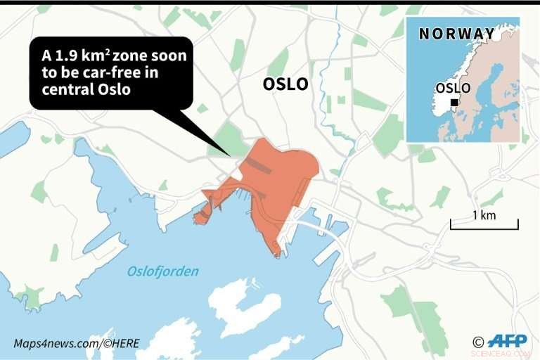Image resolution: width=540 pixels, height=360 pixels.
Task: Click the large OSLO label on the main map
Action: pos(285,84)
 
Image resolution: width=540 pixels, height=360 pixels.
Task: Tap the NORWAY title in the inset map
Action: pos(456,34)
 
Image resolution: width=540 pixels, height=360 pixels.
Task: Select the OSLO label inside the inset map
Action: pos(454,88)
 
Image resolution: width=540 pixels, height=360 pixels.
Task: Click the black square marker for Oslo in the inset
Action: pos(454,103)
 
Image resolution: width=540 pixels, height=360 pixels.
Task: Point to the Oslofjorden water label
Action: pos(163,271)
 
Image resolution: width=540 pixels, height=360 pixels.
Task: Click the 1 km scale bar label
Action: pos(484,215)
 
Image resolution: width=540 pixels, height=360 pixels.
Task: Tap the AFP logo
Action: pos(507,341)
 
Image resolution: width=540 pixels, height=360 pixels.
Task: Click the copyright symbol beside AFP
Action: pos(478,342)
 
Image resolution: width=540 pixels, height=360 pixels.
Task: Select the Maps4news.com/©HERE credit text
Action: pos(76,343)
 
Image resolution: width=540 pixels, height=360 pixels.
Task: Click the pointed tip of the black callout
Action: pos(229,155)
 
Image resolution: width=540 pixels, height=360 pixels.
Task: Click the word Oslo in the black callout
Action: pos(117,91)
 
